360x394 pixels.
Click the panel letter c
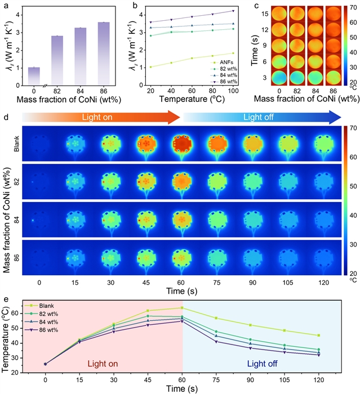coord(257,5)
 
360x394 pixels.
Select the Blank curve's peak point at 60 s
coord(182,307)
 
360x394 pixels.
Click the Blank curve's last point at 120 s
coord(319,335)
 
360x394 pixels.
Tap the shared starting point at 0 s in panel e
coord(45,364)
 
